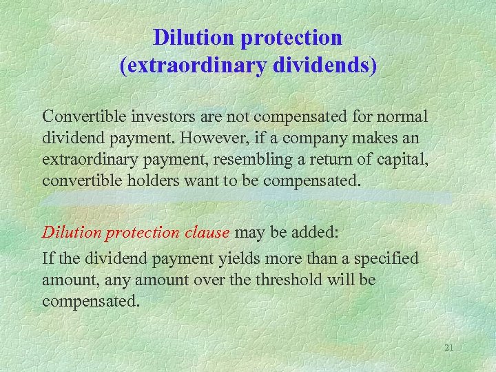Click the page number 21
[x=448, y=348]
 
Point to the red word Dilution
[x=72, y=232]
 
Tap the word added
[x=314, y=232]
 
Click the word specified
[x=386, y=258]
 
